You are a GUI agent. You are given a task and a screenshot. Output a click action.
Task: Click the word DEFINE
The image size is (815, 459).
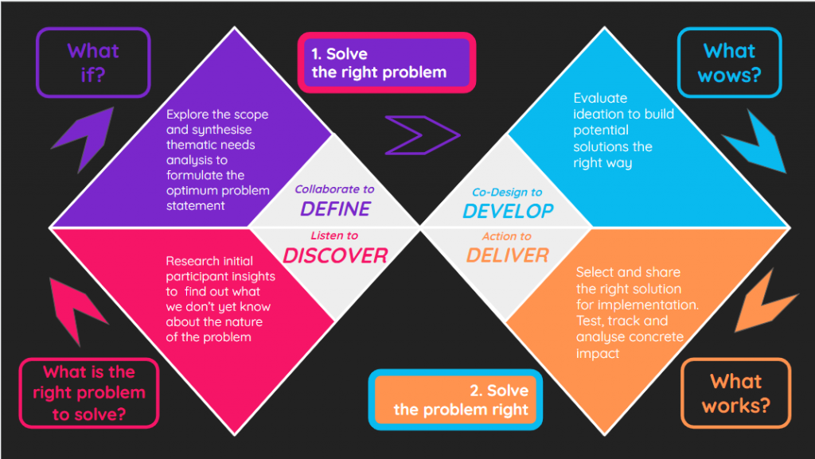pyautogui.click(x=335, y=209)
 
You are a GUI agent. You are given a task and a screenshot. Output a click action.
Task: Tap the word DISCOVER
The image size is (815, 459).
pyautogui.click(x=335, y=255)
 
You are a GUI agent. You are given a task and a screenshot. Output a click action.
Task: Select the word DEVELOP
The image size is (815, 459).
pyautogui.click(x=508, y=211)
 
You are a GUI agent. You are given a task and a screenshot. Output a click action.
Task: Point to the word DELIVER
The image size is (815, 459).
pyautogui.click(x=507, y=255)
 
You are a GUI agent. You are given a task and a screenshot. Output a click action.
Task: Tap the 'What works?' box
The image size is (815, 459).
pyautogui.click(x=735, y=393)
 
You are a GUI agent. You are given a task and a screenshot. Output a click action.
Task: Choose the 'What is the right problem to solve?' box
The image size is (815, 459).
pyautogui.click(x=88, y=393)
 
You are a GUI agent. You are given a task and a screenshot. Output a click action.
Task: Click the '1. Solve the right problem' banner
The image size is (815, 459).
pyautogui.click(x=386, y=64)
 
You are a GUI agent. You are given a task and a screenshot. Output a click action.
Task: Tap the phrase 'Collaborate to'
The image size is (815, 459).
pyautogui.click(x=334, y=189)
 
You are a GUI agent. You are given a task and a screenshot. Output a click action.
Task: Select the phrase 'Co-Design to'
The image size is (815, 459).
pyautogui.click(x=507, y=193)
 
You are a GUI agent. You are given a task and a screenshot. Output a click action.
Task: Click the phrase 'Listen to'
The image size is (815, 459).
pyautogui.click(x=334, y=235)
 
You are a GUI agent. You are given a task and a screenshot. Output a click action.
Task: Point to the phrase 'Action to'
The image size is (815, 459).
pyautogui.click(x=506, y=236)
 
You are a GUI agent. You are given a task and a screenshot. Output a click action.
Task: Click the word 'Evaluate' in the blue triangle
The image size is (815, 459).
pyautogui.click(x=600, y=99)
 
